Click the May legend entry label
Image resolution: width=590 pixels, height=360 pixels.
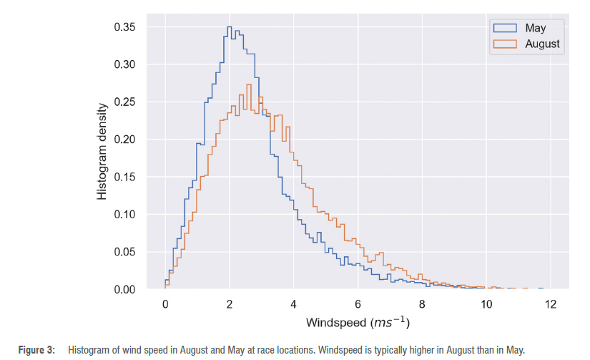(x=535, y=28)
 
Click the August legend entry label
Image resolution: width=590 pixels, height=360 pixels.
(x=542, y=44)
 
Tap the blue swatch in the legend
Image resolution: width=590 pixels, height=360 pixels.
(x=505, y=28)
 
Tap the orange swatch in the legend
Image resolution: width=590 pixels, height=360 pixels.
(x=505, y=44)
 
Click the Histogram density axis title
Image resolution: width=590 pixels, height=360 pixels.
(x=102, y=152)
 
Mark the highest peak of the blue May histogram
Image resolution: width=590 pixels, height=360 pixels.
(x=229, y=27)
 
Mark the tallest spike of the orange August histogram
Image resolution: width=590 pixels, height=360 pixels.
(x=248, y=84)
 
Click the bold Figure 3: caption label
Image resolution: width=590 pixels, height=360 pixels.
(x=36, y=350)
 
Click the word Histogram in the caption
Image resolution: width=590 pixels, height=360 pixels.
(x=89, y=350)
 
